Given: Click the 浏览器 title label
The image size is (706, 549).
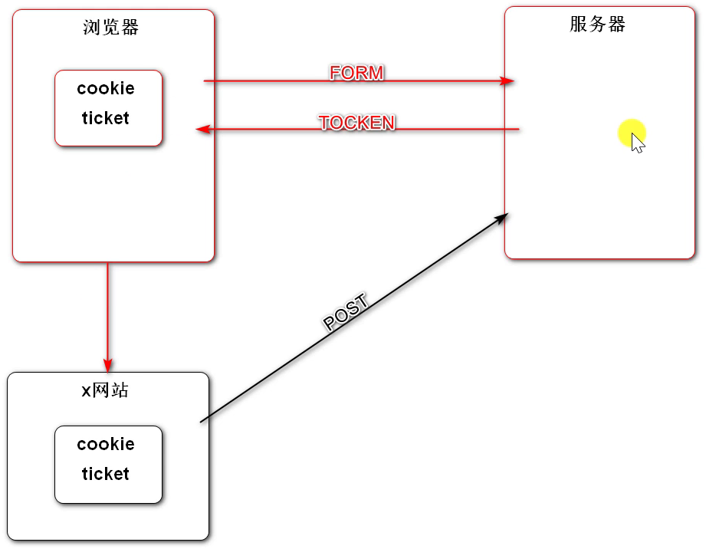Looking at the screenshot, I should (111, 28).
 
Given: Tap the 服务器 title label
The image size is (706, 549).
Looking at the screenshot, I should (598, 24).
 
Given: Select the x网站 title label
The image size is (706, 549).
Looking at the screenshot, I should (105, 390).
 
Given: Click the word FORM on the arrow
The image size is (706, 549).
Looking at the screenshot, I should (356, 73).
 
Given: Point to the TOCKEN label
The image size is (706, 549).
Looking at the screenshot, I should (356, 123).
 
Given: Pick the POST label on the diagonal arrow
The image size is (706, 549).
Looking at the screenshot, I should (346, 313).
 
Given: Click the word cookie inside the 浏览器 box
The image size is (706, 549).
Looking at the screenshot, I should (106, 88).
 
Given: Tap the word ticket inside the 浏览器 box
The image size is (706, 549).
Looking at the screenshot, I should (106, 118).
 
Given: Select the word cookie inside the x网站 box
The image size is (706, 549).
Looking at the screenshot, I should (106, 444).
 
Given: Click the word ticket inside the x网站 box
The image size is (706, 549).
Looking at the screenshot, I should (106, 474).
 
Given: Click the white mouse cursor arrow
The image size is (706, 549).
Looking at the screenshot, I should (637, 143).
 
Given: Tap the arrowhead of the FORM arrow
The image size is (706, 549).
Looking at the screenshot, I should (507, 81).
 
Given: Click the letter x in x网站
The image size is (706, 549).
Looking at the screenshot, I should (86, 391).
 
